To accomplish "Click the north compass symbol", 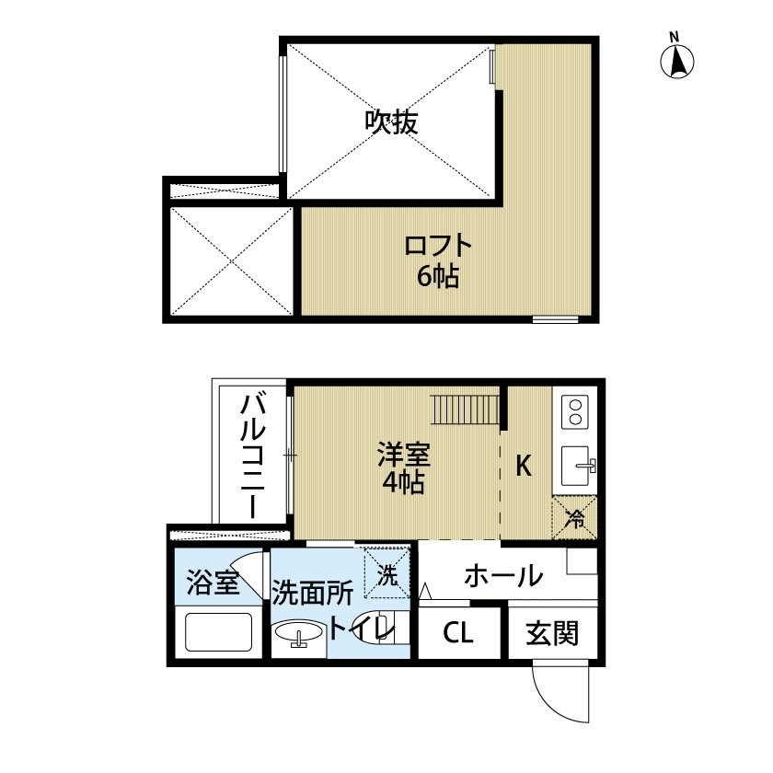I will click(678, 59).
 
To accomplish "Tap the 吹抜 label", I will click(391, 121).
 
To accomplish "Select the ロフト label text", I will click(438, 247).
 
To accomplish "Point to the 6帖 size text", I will click(438, 275).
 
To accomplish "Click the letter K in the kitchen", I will click(523, 467).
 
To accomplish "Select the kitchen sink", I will click(577, 467).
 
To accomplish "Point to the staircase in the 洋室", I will click(467, 406).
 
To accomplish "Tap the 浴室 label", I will click(213, 583).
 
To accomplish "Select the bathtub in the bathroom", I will click(218, 632).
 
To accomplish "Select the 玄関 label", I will click(552, 633).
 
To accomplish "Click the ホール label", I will click(502, 577).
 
